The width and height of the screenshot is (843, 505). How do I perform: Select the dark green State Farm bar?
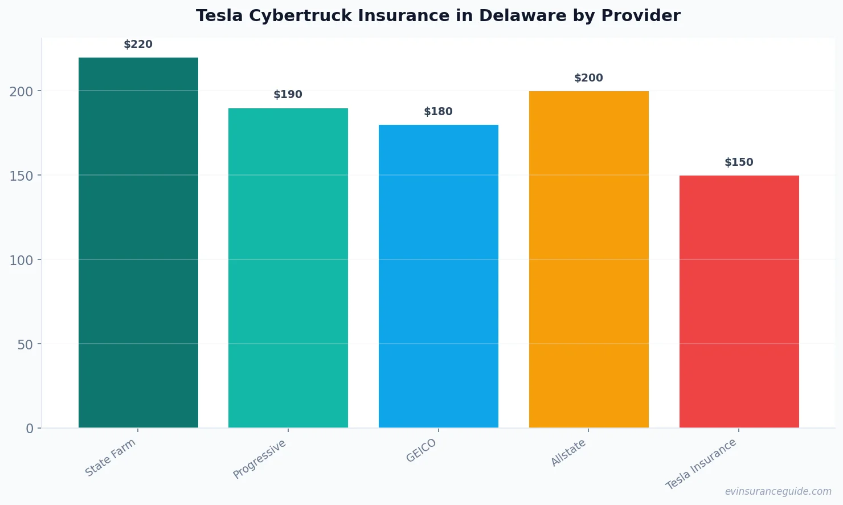coord(138,242)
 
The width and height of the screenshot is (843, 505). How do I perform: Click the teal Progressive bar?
coord(288,268)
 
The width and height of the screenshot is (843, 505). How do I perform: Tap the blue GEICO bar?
coord(439,276)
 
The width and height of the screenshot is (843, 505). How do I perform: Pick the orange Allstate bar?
coord(588,259)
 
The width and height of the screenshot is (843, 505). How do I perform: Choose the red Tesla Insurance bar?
coord(739,302)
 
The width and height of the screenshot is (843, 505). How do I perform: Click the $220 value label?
coord(138,44)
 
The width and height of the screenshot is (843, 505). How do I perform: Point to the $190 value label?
coord(288,95)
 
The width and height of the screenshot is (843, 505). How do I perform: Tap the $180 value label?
coord(439,112)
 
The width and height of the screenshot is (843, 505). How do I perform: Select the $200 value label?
coord(588,78)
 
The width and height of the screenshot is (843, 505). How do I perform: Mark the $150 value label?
coord(739,162)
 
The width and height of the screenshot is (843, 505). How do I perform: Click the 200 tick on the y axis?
coord(21,91)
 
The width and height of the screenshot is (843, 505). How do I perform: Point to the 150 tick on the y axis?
coord(21,176)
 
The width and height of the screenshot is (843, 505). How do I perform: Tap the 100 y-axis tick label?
coord(21,260)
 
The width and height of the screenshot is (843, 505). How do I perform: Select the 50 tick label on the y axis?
coord(25,344)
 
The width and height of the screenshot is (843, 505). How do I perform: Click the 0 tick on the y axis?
coord(30,429)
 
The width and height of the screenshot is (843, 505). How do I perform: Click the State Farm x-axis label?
coord(111,458)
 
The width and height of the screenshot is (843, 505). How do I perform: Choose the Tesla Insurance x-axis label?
coord(701,464)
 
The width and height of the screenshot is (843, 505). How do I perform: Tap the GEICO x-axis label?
coord(421,451)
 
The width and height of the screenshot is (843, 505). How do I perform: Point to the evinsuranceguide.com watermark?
coord(778,491)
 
